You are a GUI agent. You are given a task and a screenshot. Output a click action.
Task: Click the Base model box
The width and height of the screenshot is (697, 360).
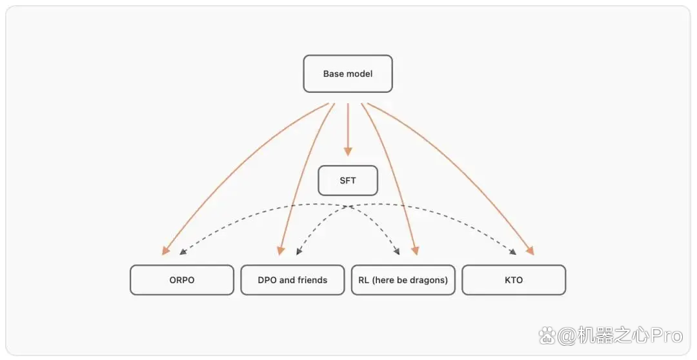point(348,74)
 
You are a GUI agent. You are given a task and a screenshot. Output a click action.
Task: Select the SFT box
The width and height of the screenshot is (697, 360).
point(348,181)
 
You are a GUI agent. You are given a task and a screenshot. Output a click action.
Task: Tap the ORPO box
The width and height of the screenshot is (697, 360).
point(182,280)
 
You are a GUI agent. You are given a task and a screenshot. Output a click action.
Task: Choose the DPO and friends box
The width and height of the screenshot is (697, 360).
point(292,280)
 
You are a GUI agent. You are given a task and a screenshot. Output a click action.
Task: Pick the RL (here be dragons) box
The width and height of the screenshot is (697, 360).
point(403,280)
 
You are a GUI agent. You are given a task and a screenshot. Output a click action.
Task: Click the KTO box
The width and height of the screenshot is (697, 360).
point(514,280)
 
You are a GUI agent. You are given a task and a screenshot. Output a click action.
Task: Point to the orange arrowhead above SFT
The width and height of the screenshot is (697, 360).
point(348,151)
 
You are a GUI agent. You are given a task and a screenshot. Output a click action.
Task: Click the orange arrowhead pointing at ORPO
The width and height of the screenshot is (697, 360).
point(165,251)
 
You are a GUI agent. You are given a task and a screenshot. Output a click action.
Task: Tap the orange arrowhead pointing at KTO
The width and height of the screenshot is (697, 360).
point(529,251)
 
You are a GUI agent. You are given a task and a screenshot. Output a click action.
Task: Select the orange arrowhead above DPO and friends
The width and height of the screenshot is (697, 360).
point(281,251)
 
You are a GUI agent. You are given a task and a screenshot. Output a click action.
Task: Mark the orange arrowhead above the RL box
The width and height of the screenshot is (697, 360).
point(415,251)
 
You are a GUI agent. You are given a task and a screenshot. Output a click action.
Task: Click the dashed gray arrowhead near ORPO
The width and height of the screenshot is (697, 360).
point(182,252)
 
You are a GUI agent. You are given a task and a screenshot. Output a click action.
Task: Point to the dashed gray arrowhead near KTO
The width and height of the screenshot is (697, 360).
point(513,252)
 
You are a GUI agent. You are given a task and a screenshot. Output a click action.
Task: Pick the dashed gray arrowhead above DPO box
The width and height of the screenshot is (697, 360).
point(299,252)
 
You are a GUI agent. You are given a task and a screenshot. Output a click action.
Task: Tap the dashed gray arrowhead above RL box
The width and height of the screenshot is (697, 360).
point(396,252)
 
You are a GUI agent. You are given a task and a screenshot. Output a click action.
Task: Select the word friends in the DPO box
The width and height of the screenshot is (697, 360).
point(312,280)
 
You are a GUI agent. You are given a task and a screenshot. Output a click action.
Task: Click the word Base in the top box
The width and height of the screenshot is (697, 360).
point(332,74)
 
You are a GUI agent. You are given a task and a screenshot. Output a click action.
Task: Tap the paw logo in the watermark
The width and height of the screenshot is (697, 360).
point(547,335)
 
